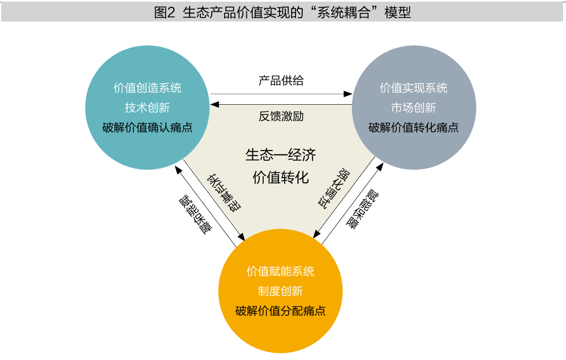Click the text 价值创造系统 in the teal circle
[x=147, y=88]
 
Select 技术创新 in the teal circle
[x=147, y=108]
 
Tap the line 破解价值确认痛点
[x=147, y=127]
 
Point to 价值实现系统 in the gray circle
[x=413, y=88]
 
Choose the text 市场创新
[x=413, y=108]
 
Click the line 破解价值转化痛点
[x=413, y=127]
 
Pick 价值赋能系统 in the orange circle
[x=280, y=271]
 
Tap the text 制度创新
[x=280, y=291]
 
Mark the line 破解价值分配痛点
[x=280, y=311]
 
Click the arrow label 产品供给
[x=281, y=80]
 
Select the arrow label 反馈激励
[x=281, y=116]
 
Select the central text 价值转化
[x=281, y=177]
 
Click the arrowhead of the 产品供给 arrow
[x=349, y=93]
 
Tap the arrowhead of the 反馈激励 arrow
[x=213, y=104]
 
